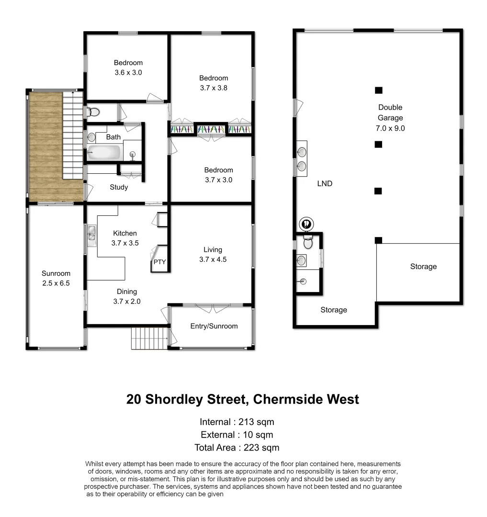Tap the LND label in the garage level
coord(324,183)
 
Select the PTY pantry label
coord(159,262)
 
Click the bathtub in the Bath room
coord(104,153)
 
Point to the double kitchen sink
coord(91,236)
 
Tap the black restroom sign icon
coord(306,223)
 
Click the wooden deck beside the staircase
coord(45,146)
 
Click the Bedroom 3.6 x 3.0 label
coord(128,67)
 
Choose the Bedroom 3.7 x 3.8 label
coord(214,83)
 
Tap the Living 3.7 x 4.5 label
coord(213,255)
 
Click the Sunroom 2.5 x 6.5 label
coord(56,278)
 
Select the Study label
coord(118,187)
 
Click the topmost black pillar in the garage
coord(378,90)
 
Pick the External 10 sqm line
coord(237,435)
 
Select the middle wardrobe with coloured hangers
coord(211,130)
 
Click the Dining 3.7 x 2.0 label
coord(126,296)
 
